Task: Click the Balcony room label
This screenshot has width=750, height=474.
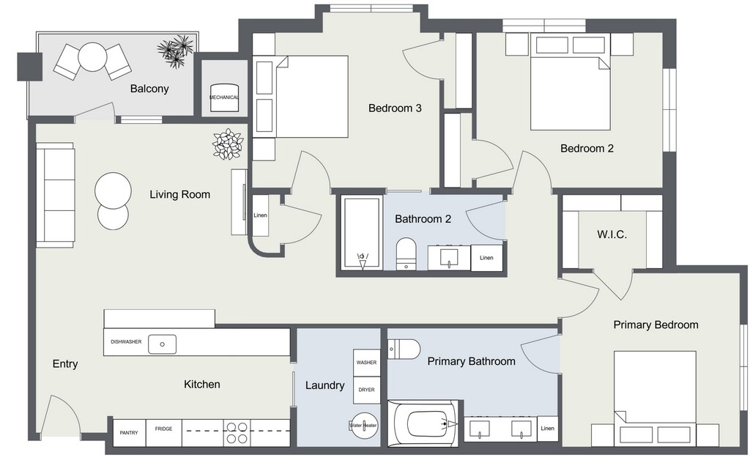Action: [149, 89]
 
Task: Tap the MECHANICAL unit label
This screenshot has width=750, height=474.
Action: [224, 97]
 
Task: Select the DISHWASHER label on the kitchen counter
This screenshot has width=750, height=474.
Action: [126, 341]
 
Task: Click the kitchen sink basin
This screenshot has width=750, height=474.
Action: [162, 344]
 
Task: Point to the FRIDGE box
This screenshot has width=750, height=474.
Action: [163, 433]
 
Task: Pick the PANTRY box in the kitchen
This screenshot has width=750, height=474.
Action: [129, 433]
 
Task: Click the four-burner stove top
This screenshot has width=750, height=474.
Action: [237, 433]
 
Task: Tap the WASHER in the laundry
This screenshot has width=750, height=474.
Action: [366, 363]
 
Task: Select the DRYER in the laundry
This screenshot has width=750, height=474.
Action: [366, 390]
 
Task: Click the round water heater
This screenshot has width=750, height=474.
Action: [363, 425]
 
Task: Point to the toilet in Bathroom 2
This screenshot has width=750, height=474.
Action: [406, 253]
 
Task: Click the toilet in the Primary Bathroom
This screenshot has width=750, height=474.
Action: [404, 348]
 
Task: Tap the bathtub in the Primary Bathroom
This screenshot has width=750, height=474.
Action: [423, 423]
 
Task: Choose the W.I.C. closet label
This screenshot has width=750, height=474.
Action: [612, 234]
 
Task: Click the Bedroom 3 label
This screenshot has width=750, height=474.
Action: [395, 108]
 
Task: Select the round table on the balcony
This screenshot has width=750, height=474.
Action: [92, 57]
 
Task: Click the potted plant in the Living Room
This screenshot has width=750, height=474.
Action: [229, 144]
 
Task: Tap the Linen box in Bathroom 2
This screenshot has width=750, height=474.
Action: [486, 258]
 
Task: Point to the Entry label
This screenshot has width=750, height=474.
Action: [65, 364]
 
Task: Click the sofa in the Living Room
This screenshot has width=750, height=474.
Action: [55, 195]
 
